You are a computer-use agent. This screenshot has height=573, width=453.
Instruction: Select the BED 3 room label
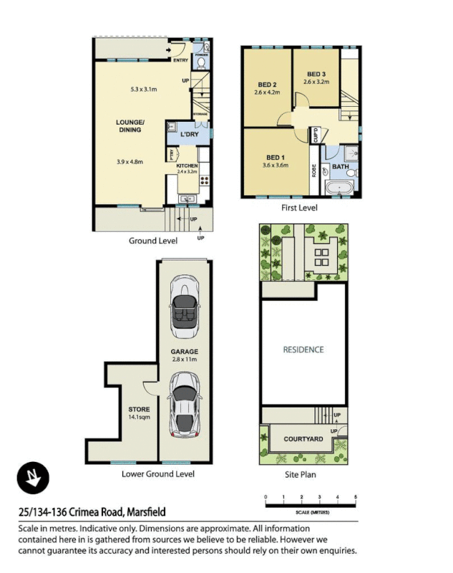click(x=316, y=74)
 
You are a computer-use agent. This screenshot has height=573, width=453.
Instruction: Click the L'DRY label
click(x=189, y=134)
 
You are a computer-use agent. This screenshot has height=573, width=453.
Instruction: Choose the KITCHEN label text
click(x=187, y=165)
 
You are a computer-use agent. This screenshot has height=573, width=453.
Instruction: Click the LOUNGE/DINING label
click(x=130, y=126)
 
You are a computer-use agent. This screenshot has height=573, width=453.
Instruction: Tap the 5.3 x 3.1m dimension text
click(x=145, y=90)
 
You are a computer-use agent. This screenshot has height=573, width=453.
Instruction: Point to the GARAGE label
click(x=184, y=352)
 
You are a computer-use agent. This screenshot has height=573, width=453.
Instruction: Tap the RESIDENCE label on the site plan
click(x=303, y=350)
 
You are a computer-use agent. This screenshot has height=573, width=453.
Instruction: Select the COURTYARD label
click(x=303, y=439)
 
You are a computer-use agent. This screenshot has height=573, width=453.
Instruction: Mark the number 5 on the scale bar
click(x=356, y=496)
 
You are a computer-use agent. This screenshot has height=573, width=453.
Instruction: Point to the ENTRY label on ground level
click(x=181, y=61)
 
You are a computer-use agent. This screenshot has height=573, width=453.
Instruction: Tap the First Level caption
click(x=300, y=208)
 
